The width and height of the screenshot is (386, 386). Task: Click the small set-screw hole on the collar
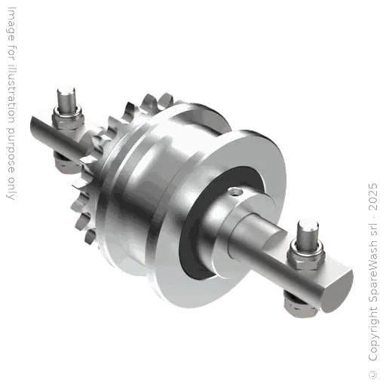(x=236, y=192)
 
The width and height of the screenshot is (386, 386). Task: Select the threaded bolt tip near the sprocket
(x=66, y=99)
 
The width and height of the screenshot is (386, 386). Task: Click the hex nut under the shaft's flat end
(x=299, y=305)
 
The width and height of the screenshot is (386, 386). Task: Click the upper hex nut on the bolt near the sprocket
(x=68, y=119)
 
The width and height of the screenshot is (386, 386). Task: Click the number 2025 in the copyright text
(x=372, y=197)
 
